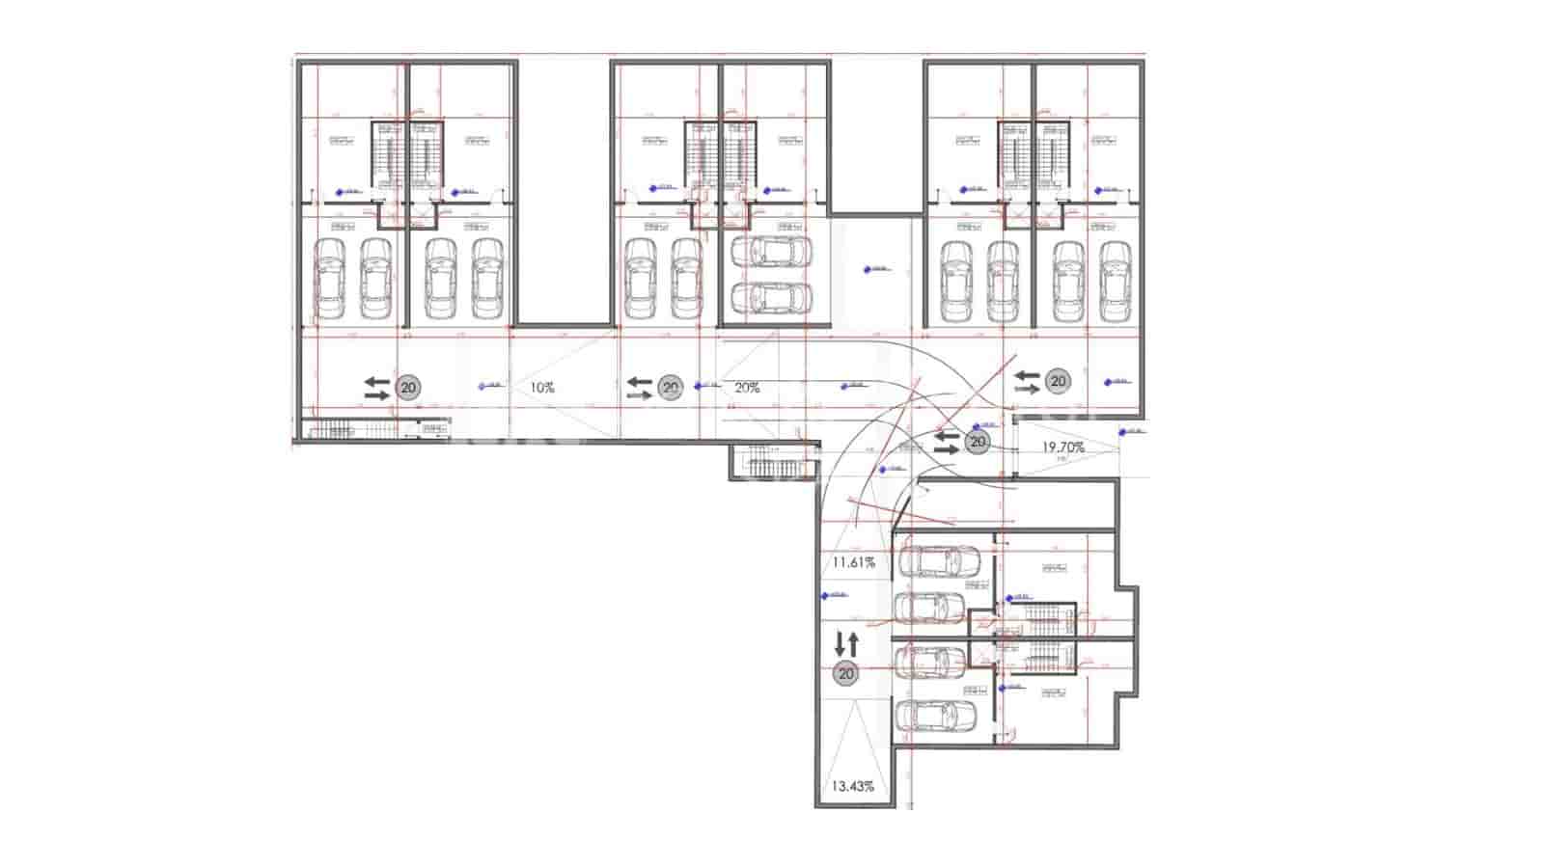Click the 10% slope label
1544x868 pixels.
[542, 388]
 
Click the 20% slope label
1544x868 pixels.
[747, 388]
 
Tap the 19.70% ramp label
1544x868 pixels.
[1063, 447]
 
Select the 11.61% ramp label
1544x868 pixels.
[853, 562]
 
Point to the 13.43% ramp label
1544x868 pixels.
[852, 786]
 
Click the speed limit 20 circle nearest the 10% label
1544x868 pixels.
[408, 388]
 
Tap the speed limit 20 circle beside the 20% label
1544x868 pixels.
[670, 388]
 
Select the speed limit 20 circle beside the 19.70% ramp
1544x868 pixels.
[978, 442]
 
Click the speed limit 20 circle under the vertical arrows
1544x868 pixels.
[846, 673]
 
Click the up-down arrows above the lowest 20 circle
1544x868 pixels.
[846, 642]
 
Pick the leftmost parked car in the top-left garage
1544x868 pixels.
[330, 279]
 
